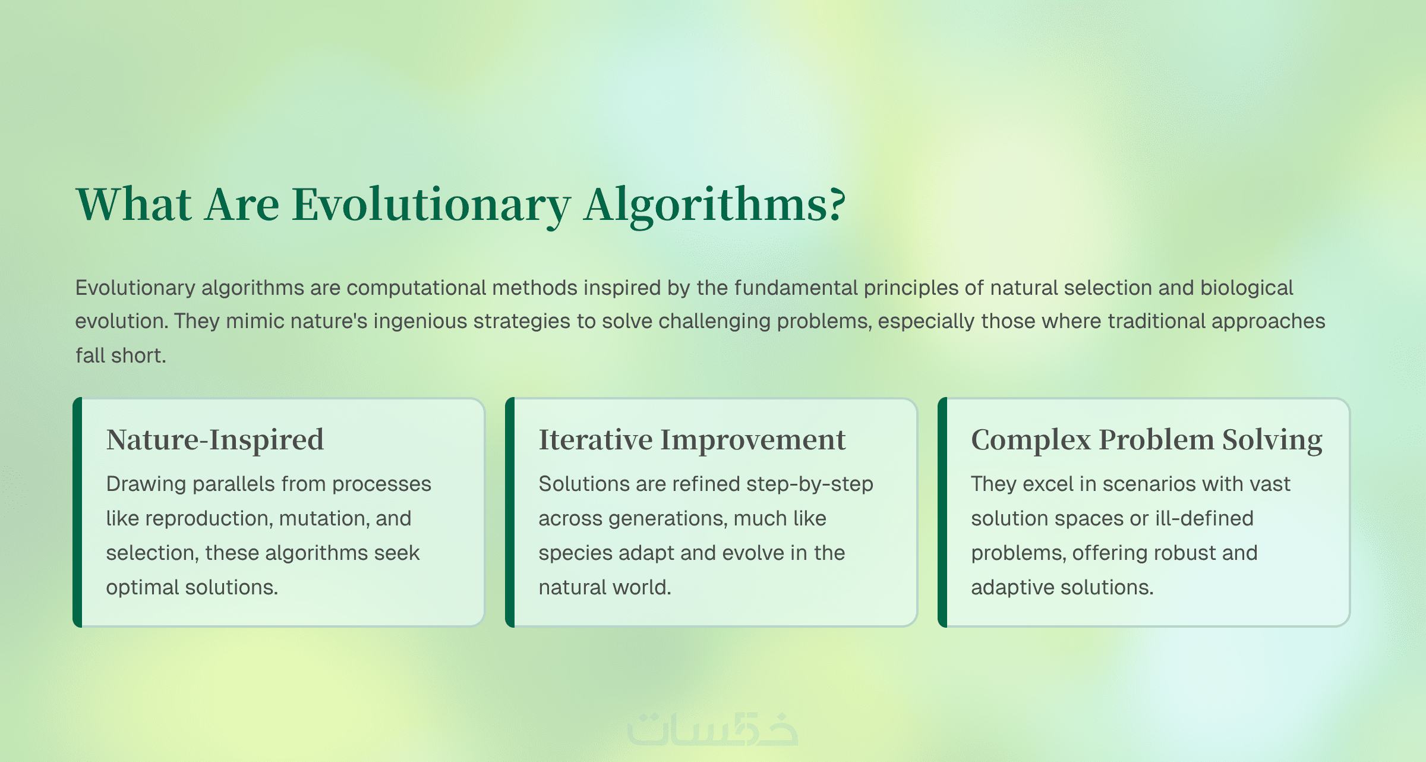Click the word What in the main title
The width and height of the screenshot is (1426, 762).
click(134, 204)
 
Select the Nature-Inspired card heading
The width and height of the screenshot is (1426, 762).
click(215, 440)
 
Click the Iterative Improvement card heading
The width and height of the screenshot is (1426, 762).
click(692, 440)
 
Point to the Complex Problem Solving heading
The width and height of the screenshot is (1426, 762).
click(1147, 440)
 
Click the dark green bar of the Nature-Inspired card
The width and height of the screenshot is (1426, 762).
click(77, 512)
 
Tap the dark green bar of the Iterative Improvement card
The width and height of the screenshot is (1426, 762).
click(510, 512)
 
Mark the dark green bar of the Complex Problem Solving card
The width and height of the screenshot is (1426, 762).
click(942, 512)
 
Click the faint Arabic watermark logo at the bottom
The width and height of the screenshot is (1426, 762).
click(713, 728)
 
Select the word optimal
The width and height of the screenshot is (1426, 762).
click(143, 588)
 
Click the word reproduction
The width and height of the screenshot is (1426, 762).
click(209, 519)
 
